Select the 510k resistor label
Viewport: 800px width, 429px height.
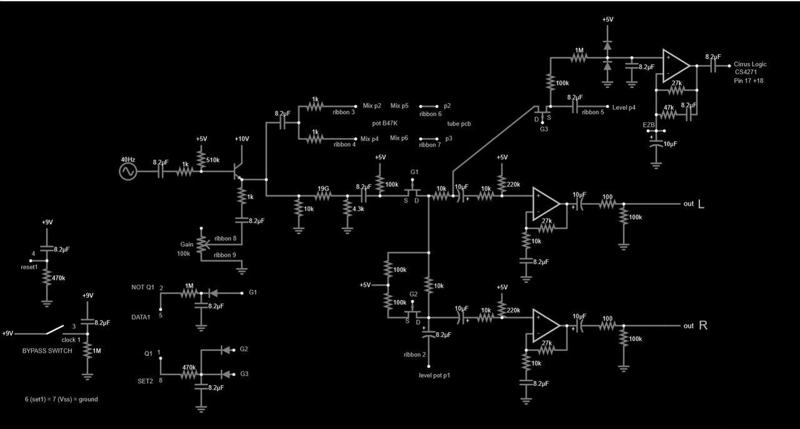[212, 160]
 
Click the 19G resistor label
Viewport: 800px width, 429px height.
[323, 188]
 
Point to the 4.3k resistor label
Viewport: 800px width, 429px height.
[358, 209]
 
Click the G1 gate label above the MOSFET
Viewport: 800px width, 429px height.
[414, 171]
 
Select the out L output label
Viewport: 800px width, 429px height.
[694, 204]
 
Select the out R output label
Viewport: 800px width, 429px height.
[694, 325]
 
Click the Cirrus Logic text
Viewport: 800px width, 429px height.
[750, 64]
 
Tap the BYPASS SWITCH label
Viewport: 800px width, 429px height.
[47, 351]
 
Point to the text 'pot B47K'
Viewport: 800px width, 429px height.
[385, 124]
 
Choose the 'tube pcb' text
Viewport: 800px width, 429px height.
[459, 124]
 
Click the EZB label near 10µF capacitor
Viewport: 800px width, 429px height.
[649, 125]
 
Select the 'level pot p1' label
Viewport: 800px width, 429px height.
[434, 375]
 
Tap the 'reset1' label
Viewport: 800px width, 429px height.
[29, 267]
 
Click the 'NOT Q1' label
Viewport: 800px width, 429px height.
[142, 287]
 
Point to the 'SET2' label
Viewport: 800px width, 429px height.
[145, 380]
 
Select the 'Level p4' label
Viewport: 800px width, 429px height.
[624, 107]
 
